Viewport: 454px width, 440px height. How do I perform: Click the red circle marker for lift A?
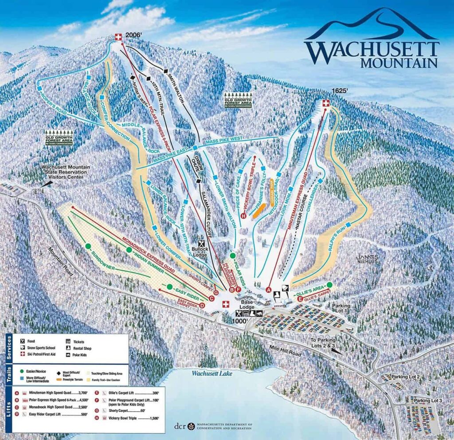(268, 290)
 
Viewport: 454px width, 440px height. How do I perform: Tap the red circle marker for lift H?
(243, 216)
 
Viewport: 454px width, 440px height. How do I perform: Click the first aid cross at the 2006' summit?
(118, 37)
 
